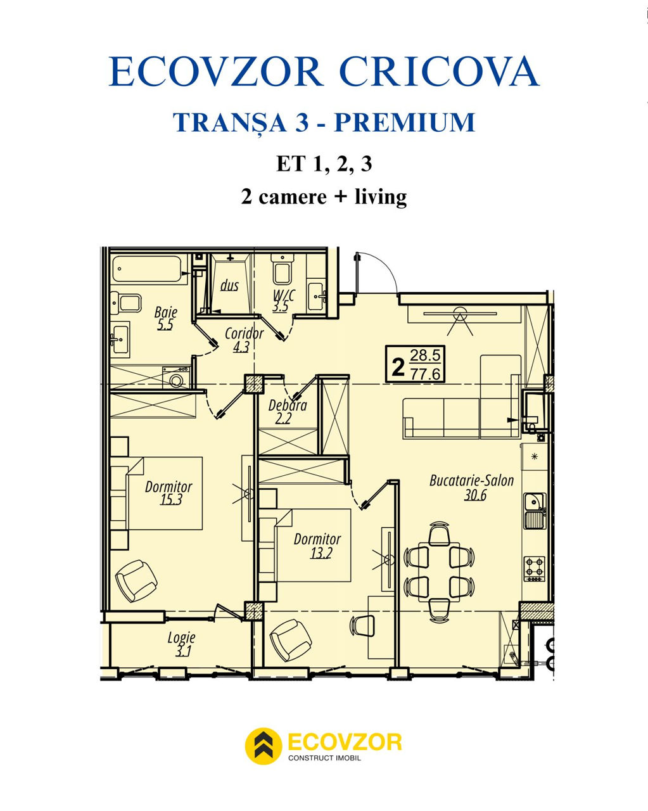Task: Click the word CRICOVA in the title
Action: pos(439,72)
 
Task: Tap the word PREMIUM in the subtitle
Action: pos(405,122)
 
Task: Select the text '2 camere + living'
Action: pos(324,196)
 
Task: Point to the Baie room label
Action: pos(166,312)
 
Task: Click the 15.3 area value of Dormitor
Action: pos(171,500)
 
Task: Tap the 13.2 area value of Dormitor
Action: pos(321,553)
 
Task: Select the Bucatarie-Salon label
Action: pos(472,480)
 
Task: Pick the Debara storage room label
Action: pos(288,405)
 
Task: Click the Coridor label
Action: pos(244,333)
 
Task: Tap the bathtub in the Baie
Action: pos(149,269)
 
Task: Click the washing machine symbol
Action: pos(175,378)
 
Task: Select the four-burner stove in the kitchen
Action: pos(534,569)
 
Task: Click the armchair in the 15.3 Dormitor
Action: pos(136,581)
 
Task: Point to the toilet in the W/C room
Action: pos(281,268)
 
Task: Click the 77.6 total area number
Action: pos(425,374)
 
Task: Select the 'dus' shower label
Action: pos(229,285)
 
